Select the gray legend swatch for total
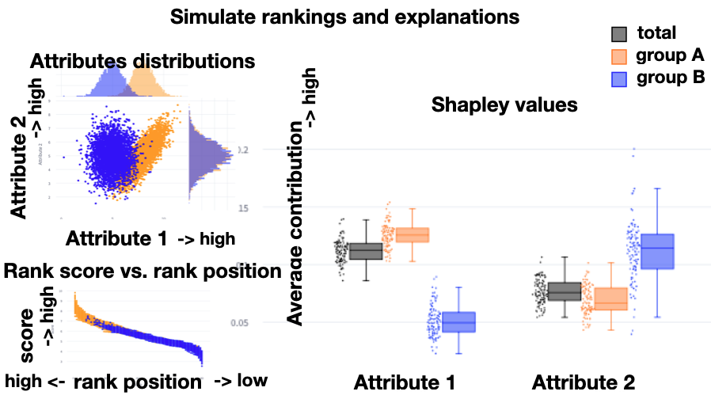[621, 34]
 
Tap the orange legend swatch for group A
[621, 56]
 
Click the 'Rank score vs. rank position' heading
[143, 272]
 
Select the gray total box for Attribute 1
[366, 251]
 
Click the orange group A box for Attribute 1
[413, 235]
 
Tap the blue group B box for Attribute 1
[458, 322]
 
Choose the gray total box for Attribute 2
[565, 292]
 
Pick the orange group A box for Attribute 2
[610, 299]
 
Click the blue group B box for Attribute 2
[657, 252]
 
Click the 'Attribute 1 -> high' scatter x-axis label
[150, 237]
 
